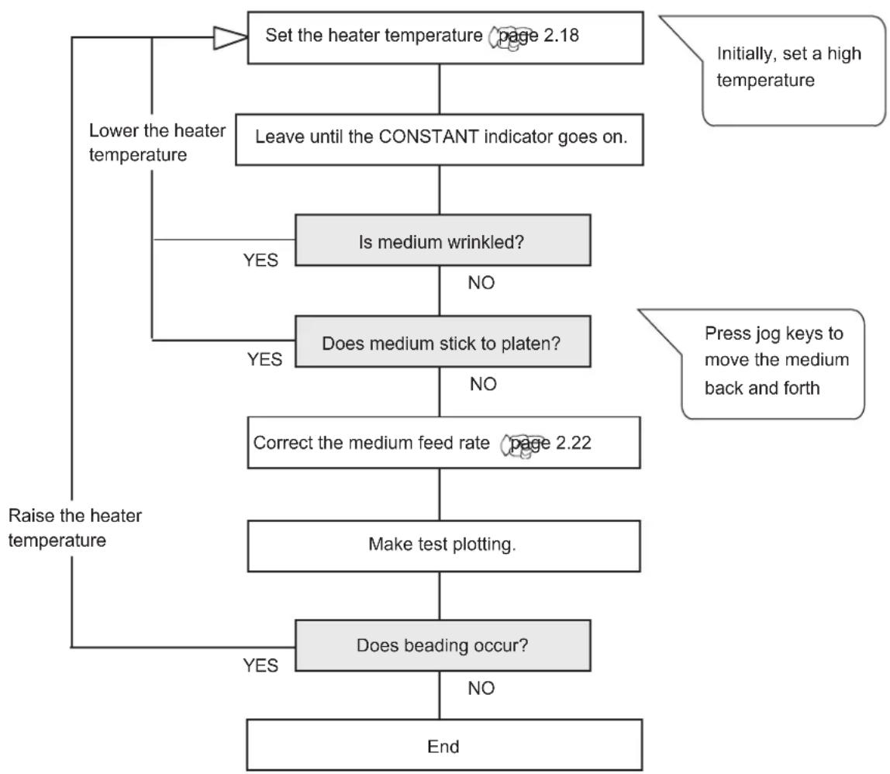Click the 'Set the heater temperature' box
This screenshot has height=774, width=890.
click(446, 37)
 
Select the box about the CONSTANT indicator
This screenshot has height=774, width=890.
click(440, 140)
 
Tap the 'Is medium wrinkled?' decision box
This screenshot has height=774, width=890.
click(443, 240)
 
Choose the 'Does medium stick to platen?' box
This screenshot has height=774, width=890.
click(443, 341)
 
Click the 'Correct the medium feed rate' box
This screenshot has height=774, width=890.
click(444, 442)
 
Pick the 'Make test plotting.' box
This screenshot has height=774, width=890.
click(444, 546)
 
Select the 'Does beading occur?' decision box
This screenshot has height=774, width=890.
click(443, 646)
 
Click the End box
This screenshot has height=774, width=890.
click(444, 745)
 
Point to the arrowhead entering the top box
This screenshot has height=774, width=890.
click(230, 38)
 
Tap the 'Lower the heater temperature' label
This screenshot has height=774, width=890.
click(157, 143)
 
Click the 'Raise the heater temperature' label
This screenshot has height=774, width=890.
click(75, 527)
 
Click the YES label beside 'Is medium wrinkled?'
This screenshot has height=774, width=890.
click(260, 260)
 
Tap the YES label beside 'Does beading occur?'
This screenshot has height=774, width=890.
click(260, 665)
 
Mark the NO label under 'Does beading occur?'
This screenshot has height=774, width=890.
click(481, 688)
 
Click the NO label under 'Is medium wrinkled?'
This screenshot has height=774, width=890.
click(481, 283)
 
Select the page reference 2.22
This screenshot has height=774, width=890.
click(547, 444)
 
